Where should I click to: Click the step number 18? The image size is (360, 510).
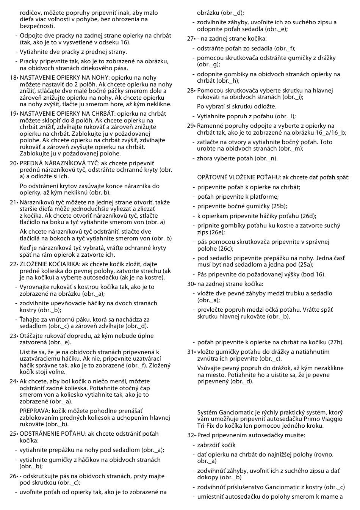pos(13,78)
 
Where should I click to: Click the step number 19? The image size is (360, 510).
pos(13,113)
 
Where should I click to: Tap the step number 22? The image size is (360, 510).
pos(13,264)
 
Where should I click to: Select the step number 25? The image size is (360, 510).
pos(13,434)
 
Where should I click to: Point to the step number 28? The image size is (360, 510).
pos(190,91)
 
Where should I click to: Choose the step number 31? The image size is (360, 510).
pos(190,352)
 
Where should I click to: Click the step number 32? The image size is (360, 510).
pos(190,435)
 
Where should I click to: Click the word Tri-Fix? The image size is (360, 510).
pos(205,426)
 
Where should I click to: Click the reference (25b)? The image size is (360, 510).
pos(279,206)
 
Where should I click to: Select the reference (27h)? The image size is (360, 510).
pos(336,342)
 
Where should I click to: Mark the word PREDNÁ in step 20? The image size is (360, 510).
pos(31,163)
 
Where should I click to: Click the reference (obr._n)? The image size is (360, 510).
pos(266,158)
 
